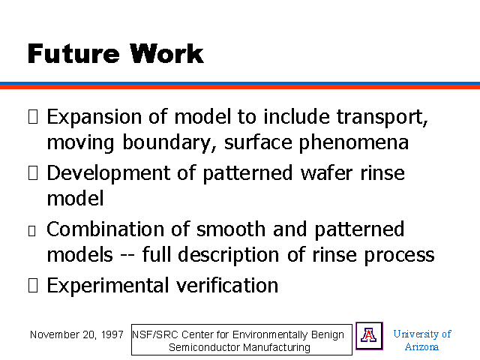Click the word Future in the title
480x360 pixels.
coord(73,53)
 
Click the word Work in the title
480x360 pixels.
coord(166,53)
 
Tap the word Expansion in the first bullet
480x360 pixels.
coord(94,118)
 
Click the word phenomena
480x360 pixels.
coord(353,143)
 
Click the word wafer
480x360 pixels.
coord(327,173)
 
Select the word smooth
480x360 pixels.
coord(231,229)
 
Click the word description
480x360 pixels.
coord(228,255)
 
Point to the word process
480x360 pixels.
coord(399,256)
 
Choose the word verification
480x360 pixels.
coord(227,285)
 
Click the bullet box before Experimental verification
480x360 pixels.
coord(33,285)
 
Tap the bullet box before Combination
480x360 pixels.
coord(31,231)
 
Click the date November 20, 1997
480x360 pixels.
coord(76,335)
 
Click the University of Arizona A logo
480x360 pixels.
coord(369,336)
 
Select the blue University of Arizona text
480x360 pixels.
coord(422,340)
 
